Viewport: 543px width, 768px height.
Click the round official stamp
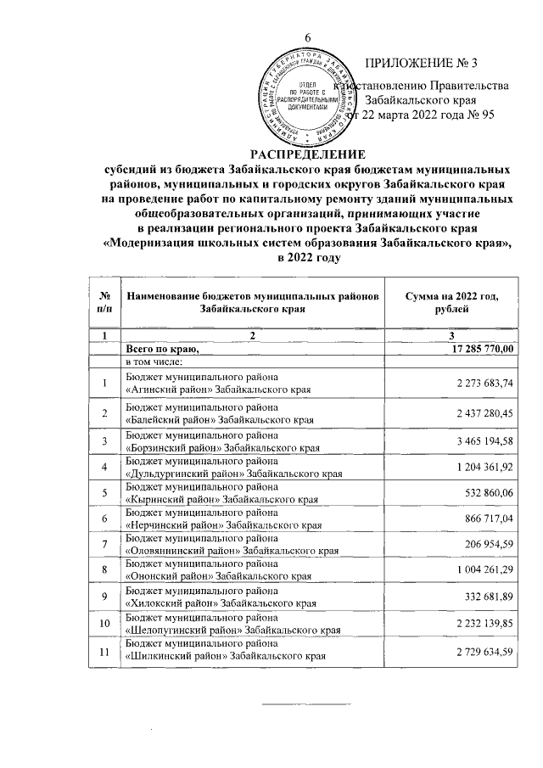click(x=298, y=98)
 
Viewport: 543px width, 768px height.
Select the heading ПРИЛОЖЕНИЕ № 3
click(x=423, y=64)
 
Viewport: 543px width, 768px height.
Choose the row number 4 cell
click(x=104, y=468)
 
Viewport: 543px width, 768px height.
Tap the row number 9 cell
click(x=104, y=600)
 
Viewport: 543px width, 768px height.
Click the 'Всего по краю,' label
click(x=162, y=349)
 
